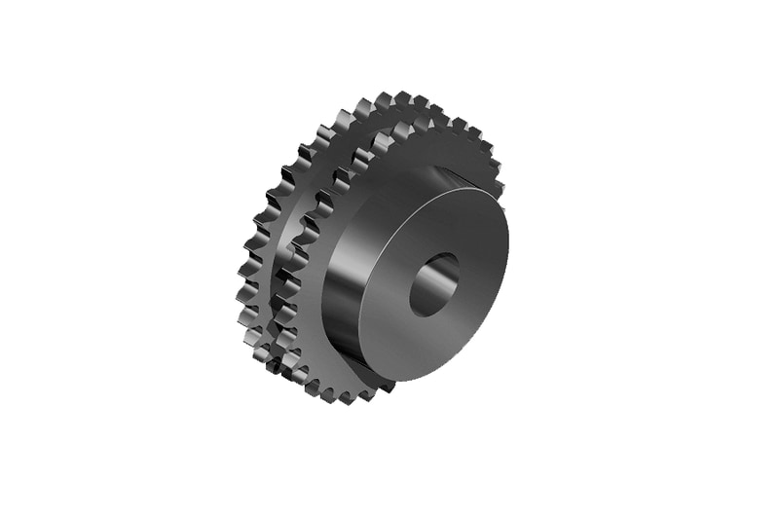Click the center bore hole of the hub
click(x=433, y=284)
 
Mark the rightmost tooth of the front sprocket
click(x=498, y=185)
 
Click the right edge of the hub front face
click(x=507, y=263)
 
